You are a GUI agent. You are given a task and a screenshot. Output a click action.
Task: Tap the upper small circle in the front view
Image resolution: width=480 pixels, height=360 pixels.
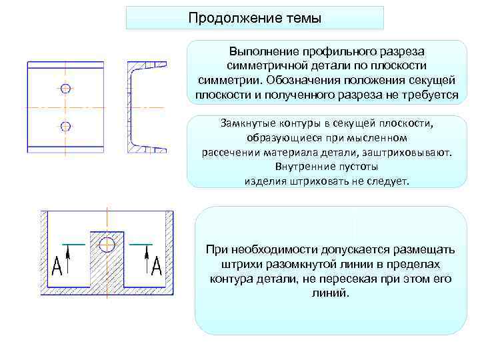65,89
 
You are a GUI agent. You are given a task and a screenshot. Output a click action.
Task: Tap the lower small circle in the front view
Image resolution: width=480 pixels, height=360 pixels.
65,125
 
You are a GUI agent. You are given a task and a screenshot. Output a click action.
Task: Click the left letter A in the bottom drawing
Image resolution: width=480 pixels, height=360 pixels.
57,267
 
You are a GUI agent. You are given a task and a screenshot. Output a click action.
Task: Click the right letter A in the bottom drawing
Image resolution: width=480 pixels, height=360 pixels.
157,267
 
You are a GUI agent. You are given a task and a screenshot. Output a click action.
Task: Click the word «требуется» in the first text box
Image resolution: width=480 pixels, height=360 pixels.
433,95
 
